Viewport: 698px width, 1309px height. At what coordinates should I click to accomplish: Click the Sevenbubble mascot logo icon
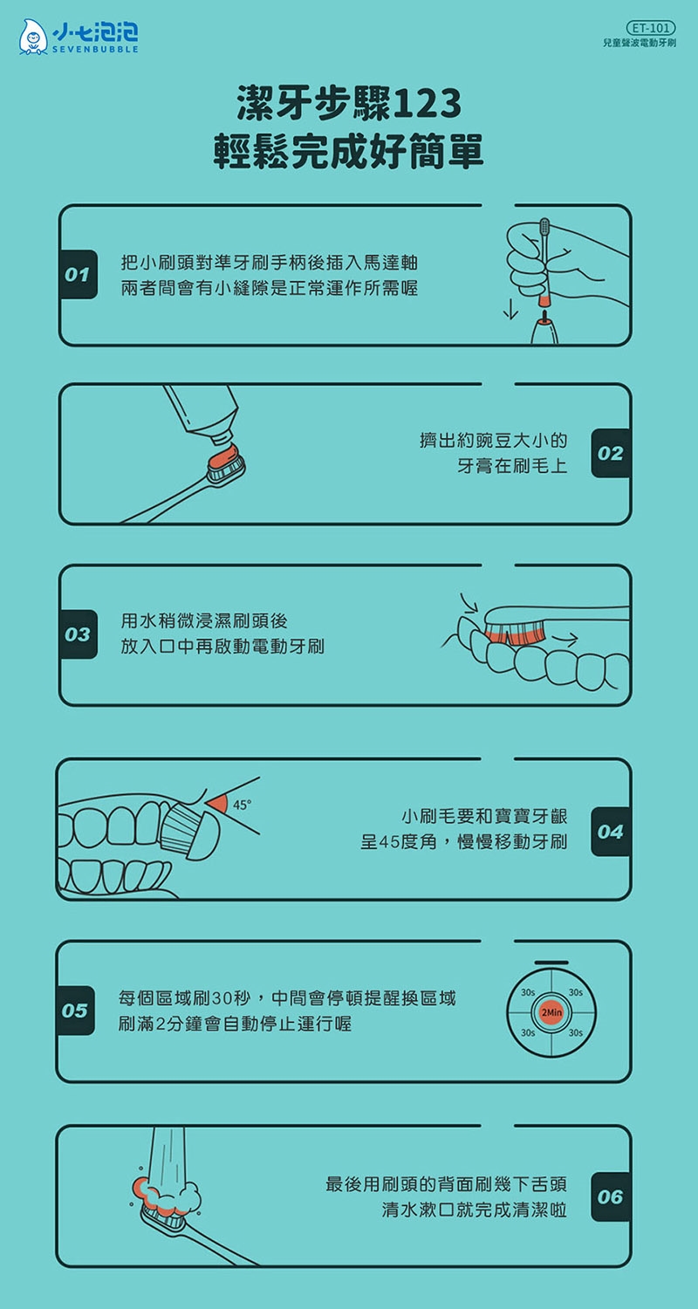(x=32, y=38)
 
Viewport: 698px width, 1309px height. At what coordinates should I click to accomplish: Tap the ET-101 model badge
(x=650, y=27)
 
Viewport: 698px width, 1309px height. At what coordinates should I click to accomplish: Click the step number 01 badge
(x=78, y=275)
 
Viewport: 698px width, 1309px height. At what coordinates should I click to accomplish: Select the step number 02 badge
(x=611, y=453)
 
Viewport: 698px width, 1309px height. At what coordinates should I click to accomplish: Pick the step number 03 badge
(x=78, y=634)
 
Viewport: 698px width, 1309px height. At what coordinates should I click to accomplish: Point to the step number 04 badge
(x=611, y=831)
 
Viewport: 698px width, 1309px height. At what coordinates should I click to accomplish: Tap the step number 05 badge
(x=75, y=1011)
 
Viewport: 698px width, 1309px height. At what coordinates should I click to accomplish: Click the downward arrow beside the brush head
(x=510, y=310)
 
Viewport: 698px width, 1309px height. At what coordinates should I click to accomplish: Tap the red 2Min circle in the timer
(x=551, y=1012)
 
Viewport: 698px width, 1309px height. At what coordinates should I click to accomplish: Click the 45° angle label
(x=242, y=805)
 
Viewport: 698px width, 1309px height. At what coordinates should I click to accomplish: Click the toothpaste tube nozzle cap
(x=222, y=435)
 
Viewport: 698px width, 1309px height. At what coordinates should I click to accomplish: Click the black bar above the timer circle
(x=551, y=963)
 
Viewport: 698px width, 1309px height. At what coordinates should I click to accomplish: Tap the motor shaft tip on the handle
(x=545, y=317)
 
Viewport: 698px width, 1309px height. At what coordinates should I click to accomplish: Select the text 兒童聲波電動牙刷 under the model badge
(x=640, y=44)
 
